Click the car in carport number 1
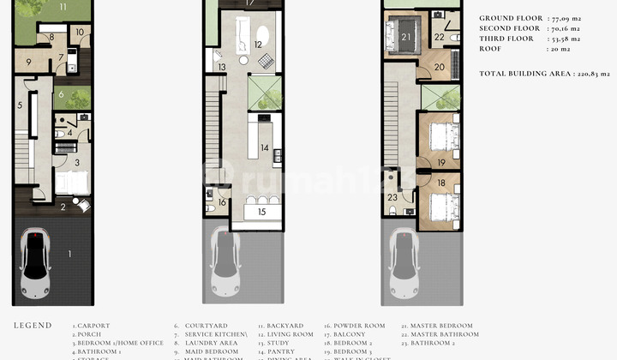36,255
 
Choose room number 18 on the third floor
441,183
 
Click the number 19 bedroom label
441,161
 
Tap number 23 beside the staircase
392,196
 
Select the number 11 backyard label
63,6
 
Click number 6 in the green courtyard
62,94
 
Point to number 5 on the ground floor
20,106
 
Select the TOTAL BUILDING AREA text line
544,75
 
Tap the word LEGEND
32,327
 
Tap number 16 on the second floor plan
222,202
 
